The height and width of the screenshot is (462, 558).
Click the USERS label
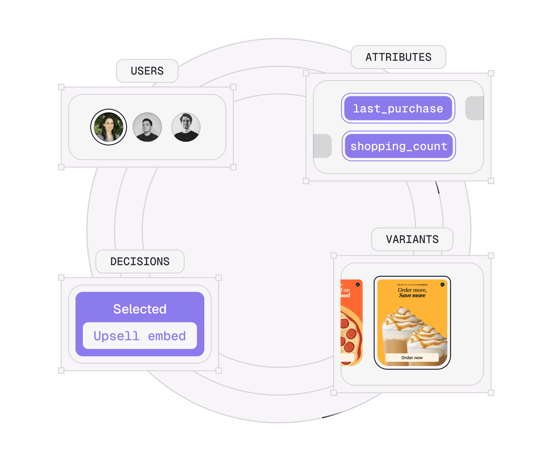pyautogui.click(x=147, y=71)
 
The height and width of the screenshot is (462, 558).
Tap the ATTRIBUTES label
pyautogui.click(x=398, y=57)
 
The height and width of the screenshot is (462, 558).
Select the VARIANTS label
pyautogui.click(x=412, y=239)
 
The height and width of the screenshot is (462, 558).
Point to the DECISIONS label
pyautogui.click(x=140, y=262)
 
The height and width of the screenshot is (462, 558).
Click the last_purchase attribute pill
pyautogui.click(x=398, y=108)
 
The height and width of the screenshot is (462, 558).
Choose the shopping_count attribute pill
pyautogui.click(x=399, y=146)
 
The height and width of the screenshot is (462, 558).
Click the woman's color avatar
pyautogui.click(x=108, y=127)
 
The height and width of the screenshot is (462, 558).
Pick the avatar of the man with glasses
pyautogui.click(x=186, y=127)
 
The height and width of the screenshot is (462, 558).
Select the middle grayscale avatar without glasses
pyautogui.click(x=147, y=127)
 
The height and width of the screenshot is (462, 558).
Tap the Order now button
pyautogui.click(x=412, y=357)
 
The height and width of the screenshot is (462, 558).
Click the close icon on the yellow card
pyautogui.click(x=442, y=285)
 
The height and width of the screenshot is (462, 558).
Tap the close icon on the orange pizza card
pyautogui.click(x=358, y=285)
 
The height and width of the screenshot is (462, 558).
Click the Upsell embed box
pyautogui.click(x=140, y=336)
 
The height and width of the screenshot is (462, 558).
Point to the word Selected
pyautogui.click(x=140, y=309)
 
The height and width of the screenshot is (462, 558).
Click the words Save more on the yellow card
pyautogui.click(x=412, y=295)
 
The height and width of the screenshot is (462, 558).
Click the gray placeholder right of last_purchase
pyautogui.click(x=474, y=108)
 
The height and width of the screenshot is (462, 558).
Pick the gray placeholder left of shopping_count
pyautogui.click(x=323, y=146)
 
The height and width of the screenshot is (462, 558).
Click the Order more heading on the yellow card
pyautogui.click(x=412, y=290)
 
